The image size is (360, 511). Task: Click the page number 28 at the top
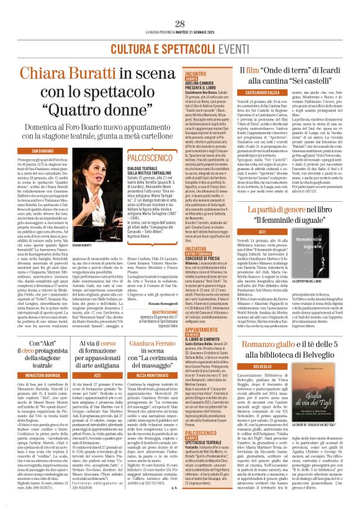click(x=179, y=23)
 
